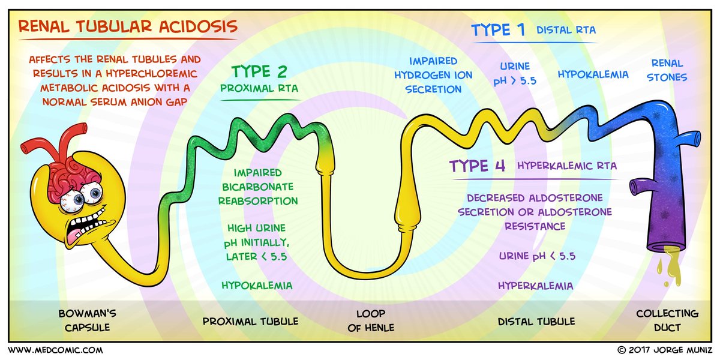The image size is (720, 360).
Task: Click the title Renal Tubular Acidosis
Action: (127, 27)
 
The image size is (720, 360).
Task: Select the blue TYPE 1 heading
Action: (498, 30)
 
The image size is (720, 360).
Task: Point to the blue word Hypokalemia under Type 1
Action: (593, 74)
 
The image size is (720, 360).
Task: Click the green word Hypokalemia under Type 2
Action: (257, 285)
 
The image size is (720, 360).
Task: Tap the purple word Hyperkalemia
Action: (535, 286)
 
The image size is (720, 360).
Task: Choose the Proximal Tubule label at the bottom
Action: (251, 322)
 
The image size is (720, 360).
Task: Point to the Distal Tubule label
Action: (536, 322)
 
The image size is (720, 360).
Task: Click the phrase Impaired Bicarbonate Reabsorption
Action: (257, 186)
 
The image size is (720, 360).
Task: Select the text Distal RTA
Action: (566, 30)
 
